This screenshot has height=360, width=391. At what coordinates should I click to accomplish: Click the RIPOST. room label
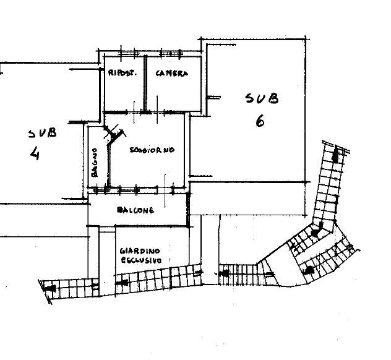pos(122,73)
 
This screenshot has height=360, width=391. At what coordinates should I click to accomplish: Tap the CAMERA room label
pos(171,73)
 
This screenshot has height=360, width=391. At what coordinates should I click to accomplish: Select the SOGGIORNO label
pos(152,150)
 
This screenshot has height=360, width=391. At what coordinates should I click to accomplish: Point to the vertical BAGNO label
pos(95,163)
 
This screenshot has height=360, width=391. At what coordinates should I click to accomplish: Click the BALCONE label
pos(135,210)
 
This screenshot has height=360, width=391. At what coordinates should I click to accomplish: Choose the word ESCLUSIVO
pos(141,260)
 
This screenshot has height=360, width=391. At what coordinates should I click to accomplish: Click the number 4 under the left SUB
pos(35,153)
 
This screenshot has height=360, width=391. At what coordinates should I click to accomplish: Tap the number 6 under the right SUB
pos(260,122)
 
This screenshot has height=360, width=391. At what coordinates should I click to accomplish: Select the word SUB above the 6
pos(262,98)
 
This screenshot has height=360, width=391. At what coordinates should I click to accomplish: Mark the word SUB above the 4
pos(43,134)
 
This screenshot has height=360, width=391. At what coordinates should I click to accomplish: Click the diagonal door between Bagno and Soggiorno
pos(114,135)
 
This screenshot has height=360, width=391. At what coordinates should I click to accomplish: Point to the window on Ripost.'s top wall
pos(128,53)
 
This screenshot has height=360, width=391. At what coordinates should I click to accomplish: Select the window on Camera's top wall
pos(170,53)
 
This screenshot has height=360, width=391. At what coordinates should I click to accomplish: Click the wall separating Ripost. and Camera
pos(145,84)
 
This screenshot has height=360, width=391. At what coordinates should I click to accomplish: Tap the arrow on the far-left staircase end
pos(51,288)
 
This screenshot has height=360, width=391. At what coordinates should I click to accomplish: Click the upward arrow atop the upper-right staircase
pos(336,154)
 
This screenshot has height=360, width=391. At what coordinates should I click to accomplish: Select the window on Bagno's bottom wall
pos(100,191)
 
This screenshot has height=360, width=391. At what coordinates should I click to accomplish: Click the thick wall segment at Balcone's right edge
pos(188,209)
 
